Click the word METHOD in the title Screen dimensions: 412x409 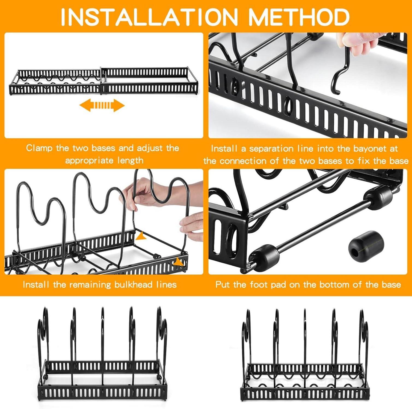click(299, 17)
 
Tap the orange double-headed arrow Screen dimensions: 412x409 click(102, 106)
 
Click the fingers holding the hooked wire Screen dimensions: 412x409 click(350, 43)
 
